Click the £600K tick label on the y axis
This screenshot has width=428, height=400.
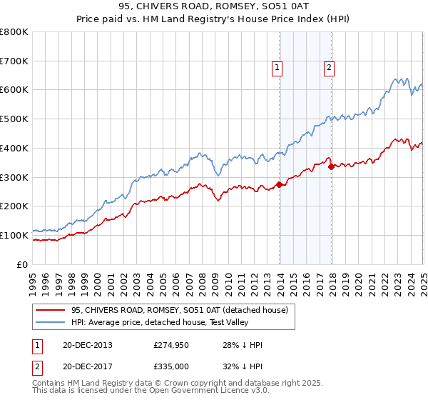(x=14, y=90)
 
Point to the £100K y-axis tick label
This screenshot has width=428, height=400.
(x=14, y=235)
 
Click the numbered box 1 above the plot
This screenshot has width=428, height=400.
(x=277, y=68)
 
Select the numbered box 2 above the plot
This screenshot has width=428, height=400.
(x=329, y=68)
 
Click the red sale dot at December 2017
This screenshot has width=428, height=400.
(x=331, y=167)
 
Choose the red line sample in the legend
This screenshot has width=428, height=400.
(x=51, y=310)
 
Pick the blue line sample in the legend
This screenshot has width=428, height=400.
(x=51, y=321)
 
